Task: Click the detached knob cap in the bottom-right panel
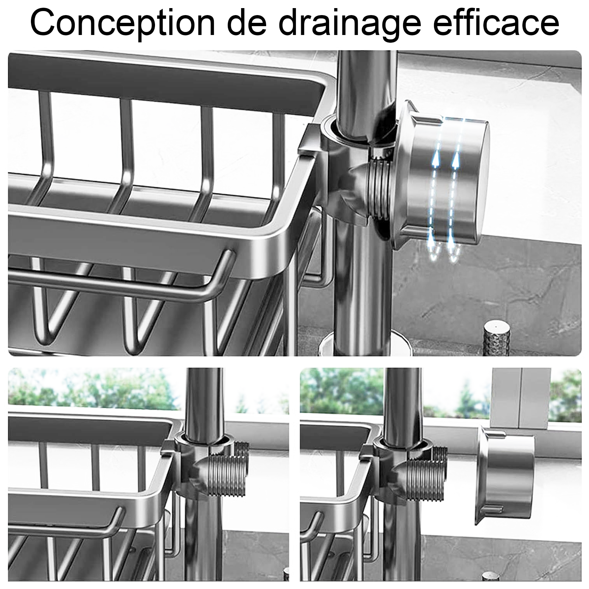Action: [x=507, y=475]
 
